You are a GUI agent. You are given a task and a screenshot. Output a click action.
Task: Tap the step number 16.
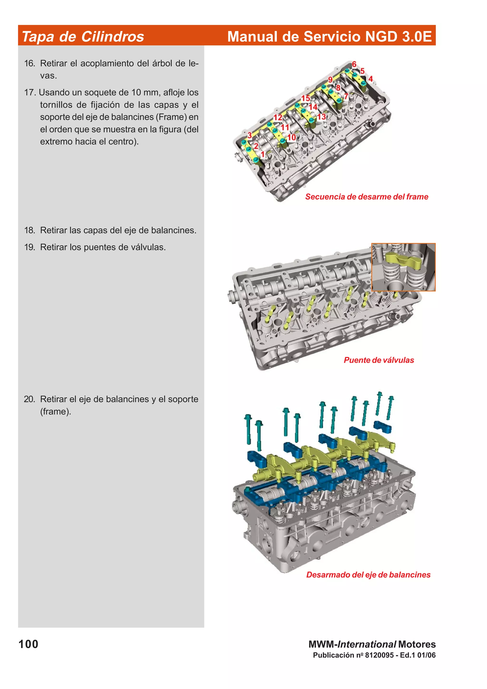[x=29, y=63]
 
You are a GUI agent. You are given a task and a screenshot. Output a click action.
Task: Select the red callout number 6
[x=354, y=64]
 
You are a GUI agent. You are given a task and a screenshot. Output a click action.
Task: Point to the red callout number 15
[x=306, y=98]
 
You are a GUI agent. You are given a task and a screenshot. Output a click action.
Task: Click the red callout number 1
[x=263, y=154]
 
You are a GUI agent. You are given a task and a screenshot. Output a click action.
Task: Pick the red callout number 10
[x=291, y=137]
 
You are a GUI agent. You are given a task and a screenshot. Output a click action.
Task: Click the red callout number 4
[x=370, y=79]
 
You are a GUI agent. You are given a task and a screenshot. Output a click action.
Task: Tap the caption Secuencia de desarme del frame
[x=366, y=197]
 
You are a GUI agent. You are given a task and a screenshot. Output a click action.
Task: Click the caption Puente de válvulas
[x=379, y=360]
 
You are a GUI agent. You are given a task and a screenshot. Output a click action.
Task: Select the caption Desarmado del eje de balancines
[x=368, y=575]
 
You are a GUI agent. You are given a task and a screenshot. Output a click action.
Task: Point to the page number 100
[x=29, y=644]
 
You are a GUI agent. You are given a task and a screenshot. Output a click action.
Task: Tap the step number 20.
[x=29, y=399]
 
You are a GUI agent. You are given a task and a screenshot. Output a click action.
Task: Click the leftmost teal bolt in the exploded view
[x=248, y=429]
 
